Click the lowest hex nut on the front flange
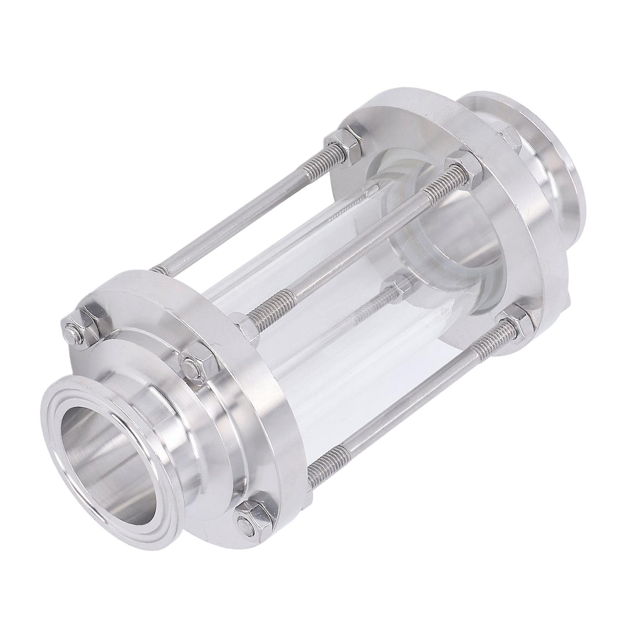251,513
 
